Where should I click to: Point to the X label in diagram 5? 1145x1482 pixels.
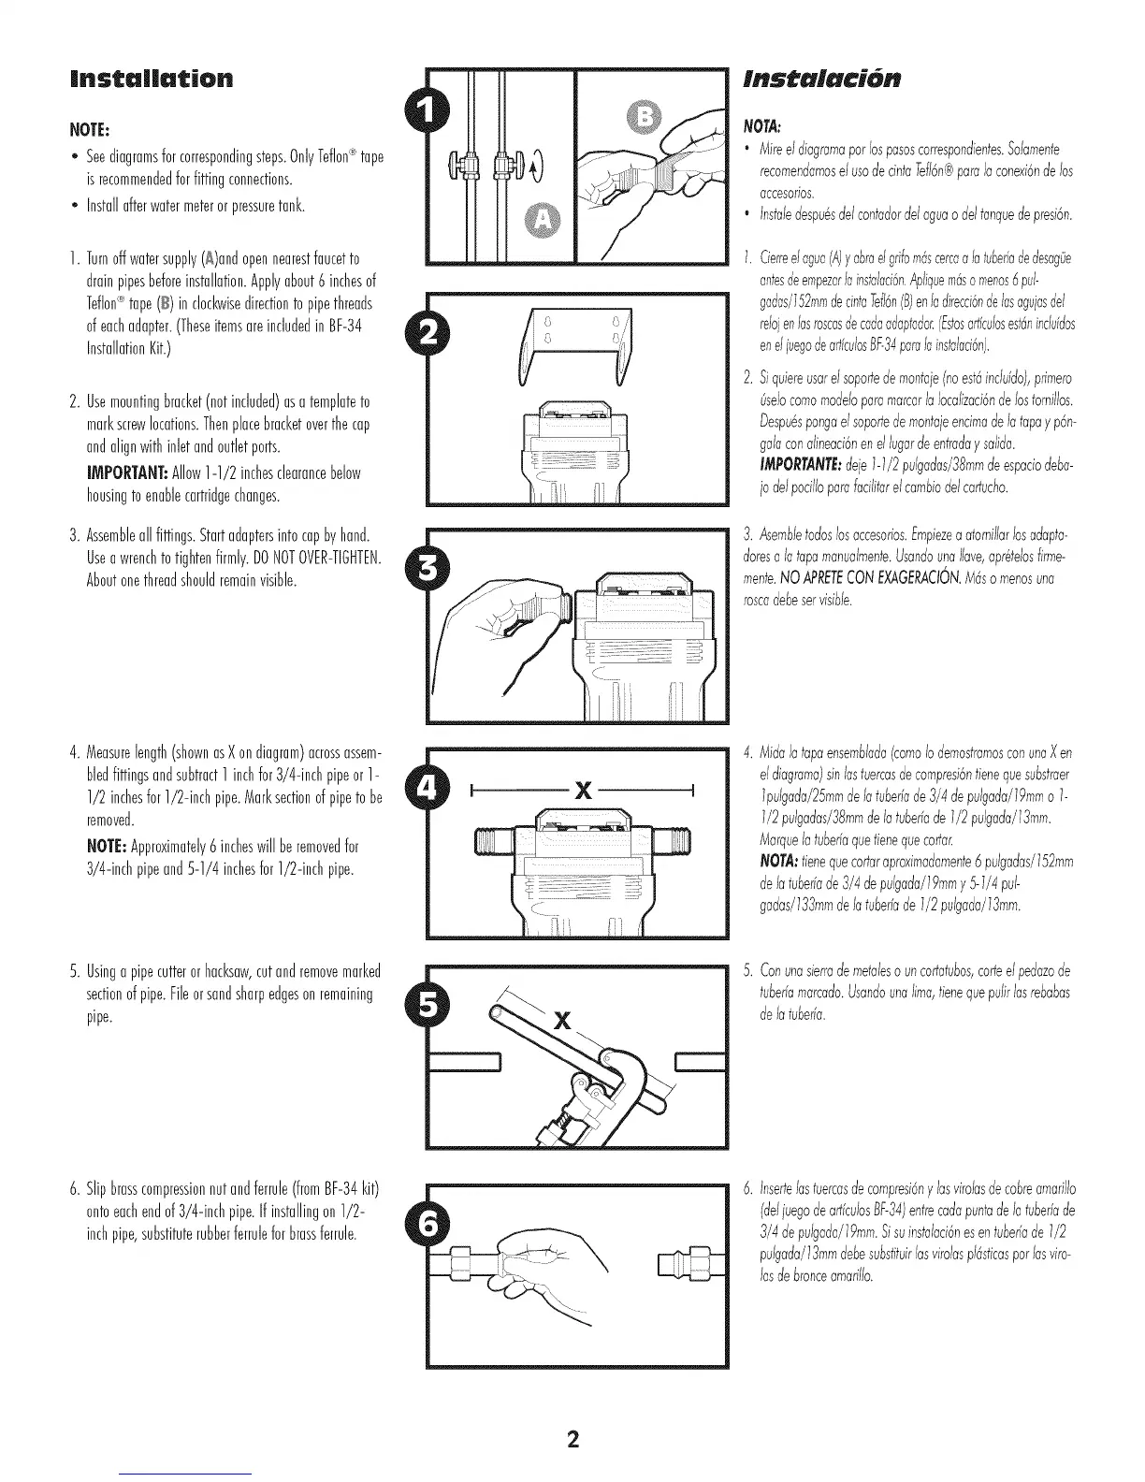point(561,1019)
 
